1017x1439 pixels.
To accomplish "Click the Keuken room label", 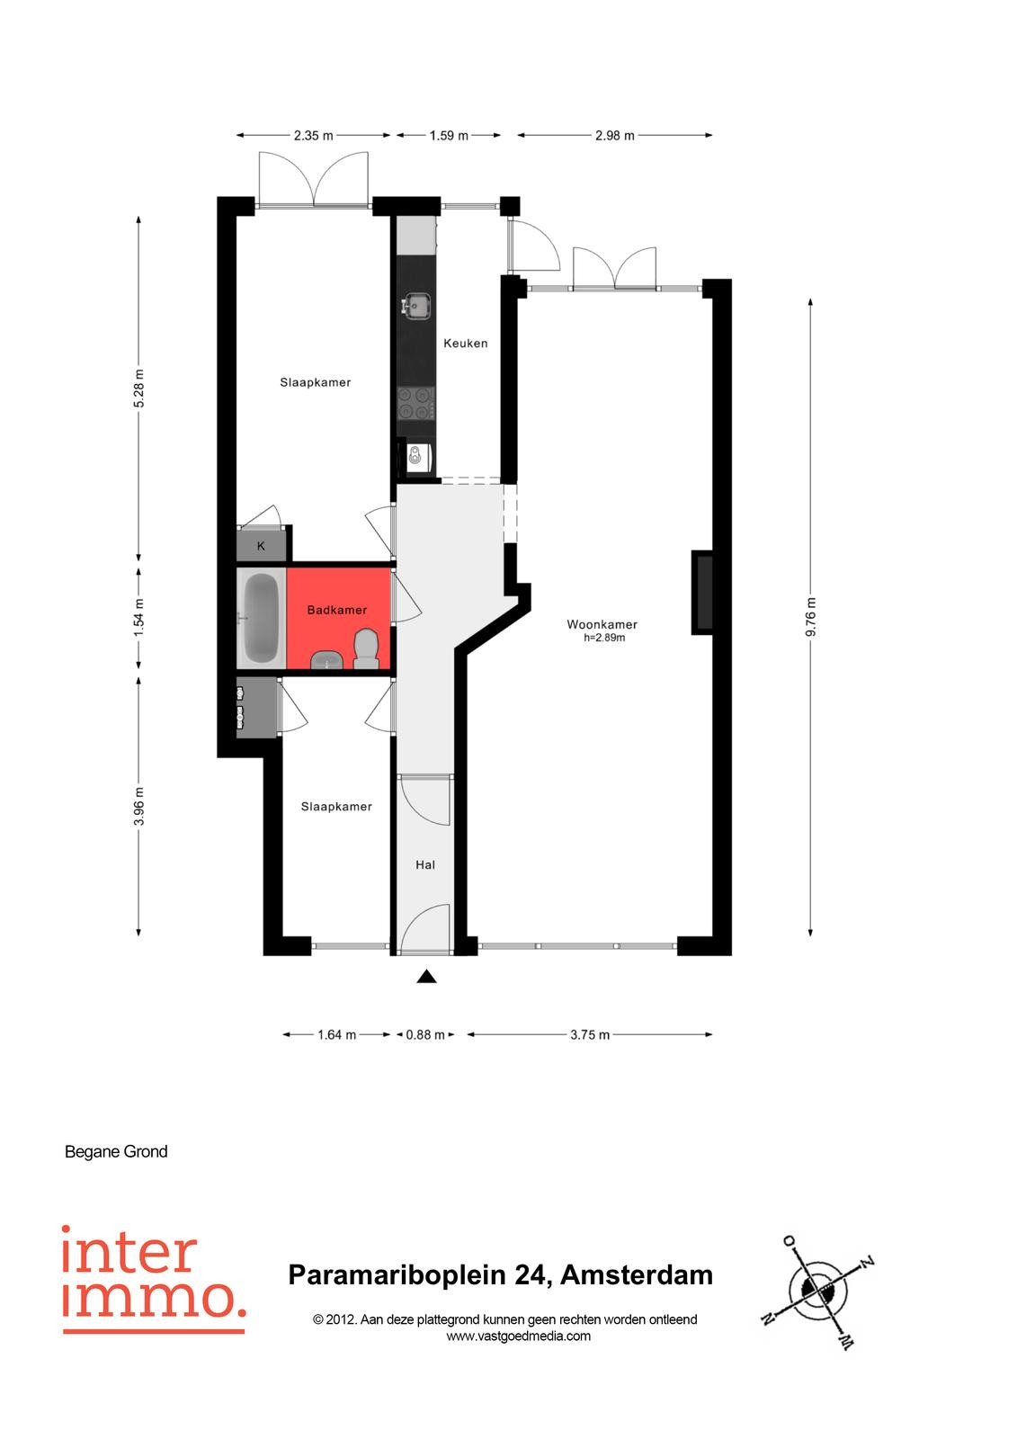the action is pos(465,343).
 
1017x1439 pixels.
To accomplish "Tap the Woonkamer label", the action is pos(602,624).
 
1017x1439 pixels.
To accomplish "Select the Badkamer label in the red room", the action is pos(336,610).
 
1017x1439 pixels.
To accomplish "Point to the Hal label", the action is pos(425,864).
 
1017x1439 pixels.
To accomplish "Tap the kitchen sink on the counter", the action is pos(415,305).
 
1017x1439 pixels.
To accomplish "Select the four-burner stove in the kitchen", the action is pos(415,403).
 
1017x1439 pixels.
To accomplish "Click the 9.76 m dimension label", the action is pos(811,616).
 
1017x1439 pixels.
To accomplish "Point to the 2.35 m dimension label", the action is pos(314,136).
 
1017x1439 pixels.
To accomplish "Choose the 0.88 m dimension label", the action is pos(425,1035).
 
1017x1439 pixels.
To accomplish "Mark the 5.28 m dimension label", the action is pos(138,388).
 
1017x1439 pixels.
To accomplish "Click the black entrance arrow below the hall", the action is pos(426,977).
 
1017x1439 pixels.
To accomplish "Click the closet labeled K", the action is pos(261,545).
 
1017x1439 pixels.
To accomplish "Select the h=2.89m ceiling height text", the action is pos(604,638).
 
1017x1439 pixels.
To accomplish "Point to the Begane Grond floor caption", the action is pos(116,1152).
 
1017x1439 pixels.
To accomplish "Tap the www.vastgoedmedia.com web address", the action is pos(519,1336).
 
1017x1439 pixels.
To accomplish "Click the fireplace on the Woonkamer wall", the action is pos(703,593).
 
